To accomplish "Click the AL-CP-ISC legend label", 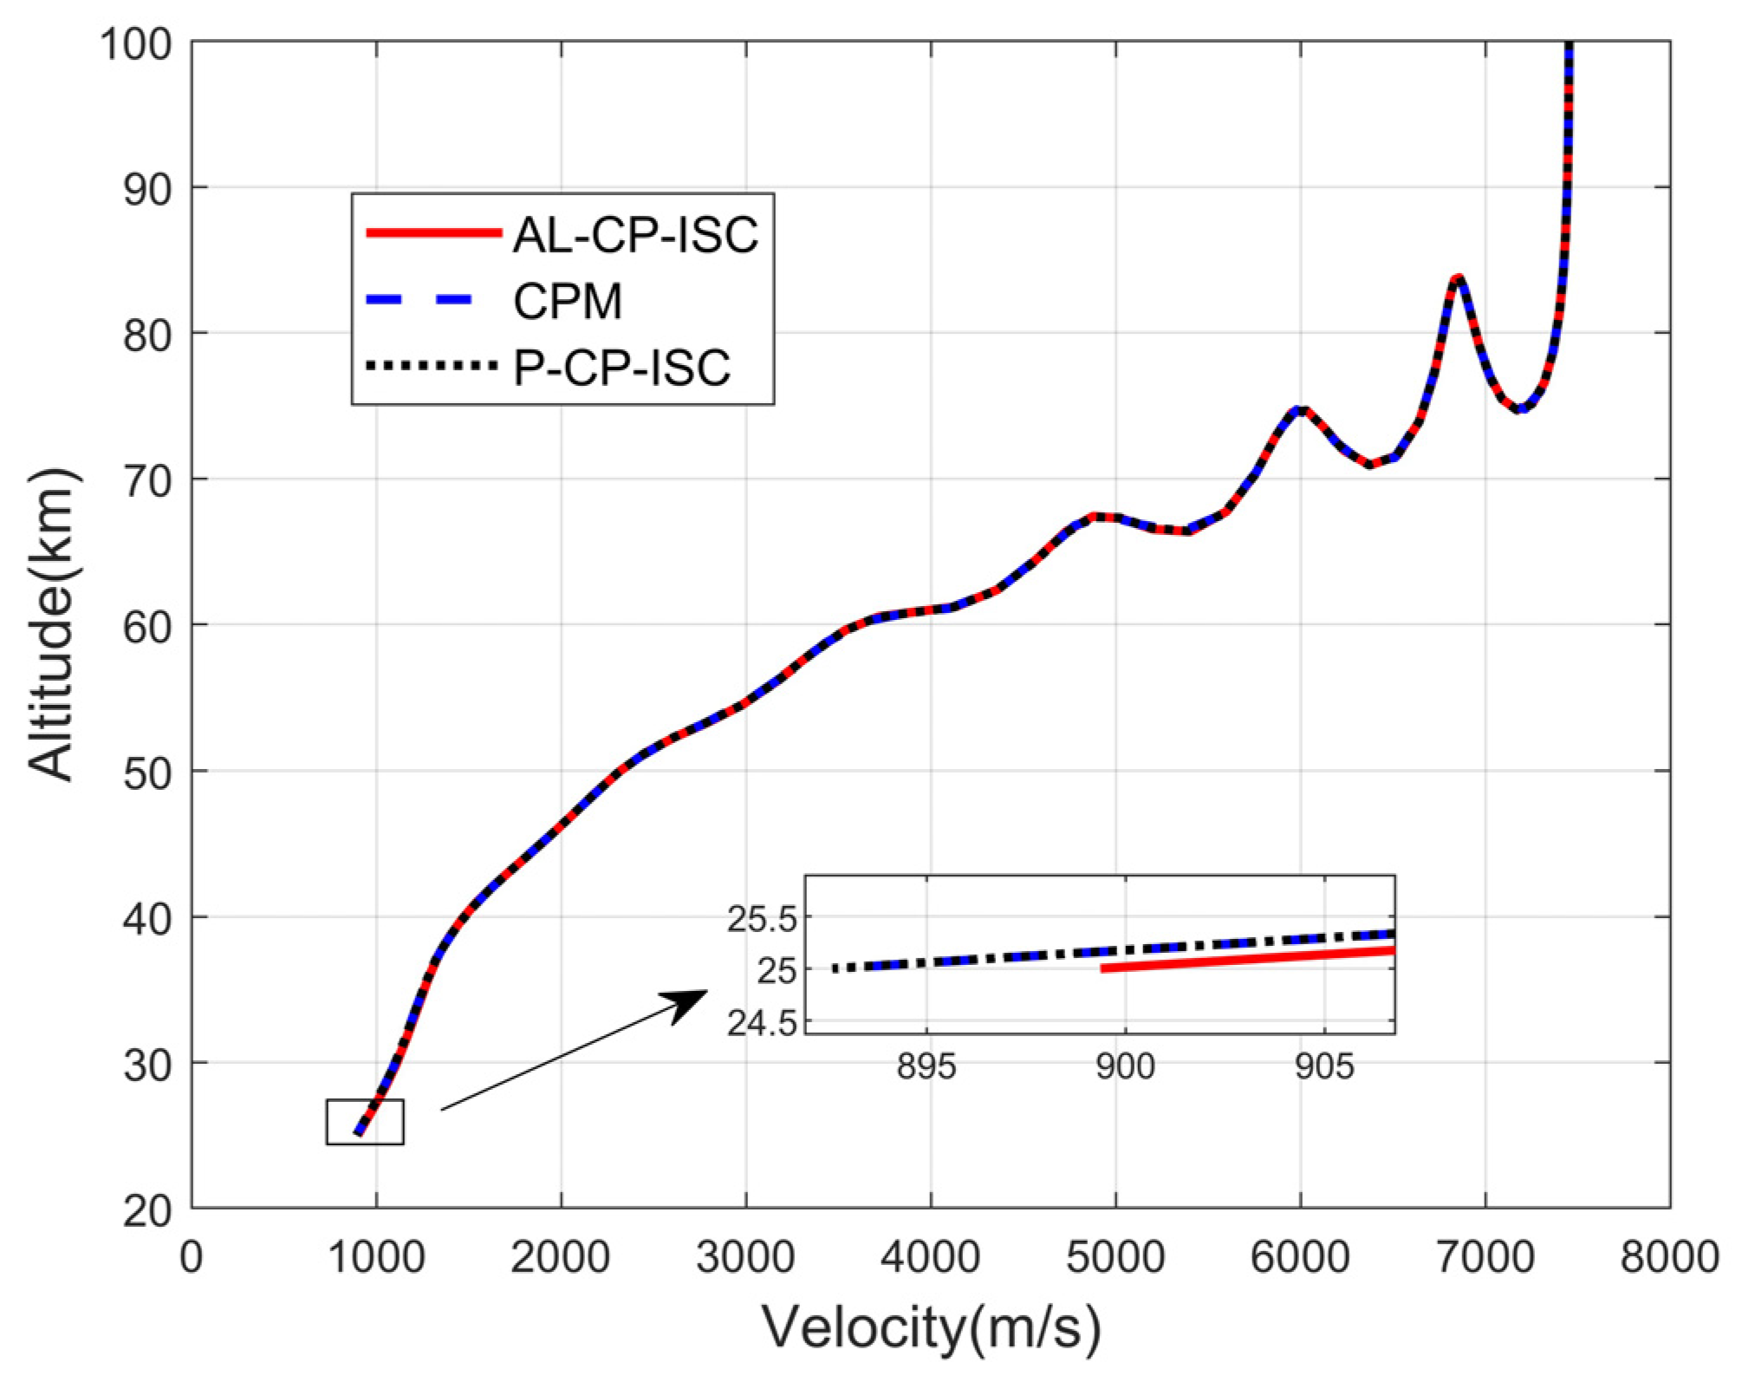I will point(635,234).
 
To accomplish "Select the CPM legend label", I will point(568,302).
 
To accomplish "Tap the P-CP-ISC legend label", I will point(621,368).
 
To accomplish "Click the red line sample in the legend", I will point(433,232).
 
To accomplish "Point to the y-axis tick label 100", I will point(136,42).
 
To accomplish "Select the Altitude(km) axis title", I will point(52,624).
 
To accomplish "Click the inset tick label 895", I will point(926,1066).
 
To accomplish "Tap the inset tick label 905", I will point(1324,1066).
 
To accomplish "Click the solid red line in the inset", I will point(1248,959).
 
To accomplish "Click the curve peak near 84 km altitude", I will point(1459,278).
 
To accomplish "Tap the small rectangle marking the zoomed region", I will point(365,1122).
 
